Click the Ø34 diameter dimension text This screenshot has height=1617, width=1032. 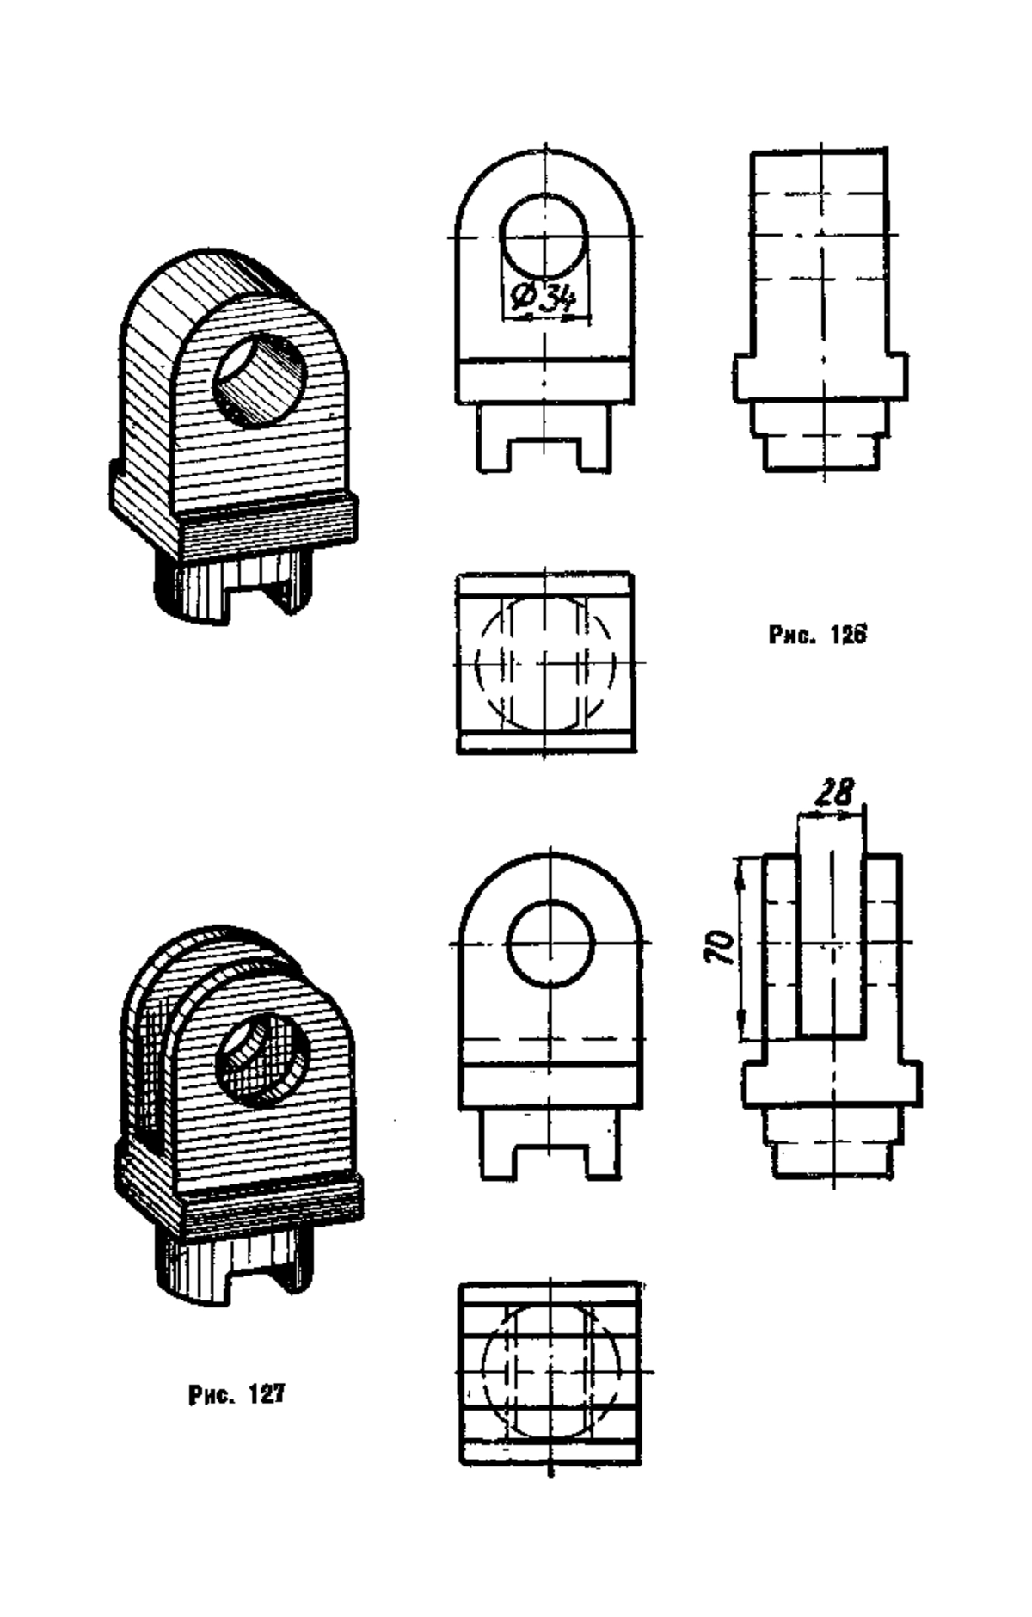point(543,298)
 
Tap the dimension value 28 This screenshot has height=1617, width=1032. point(835,791)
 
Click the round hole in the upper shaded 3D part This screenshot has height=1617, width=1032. point(260,379)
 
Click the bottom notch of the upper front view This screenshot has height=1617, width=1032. point(545,455)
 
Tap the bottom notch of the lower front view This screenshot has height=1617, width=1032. point(550,1162)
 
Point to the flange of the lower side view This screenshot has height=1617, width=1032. point(832,1084)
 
